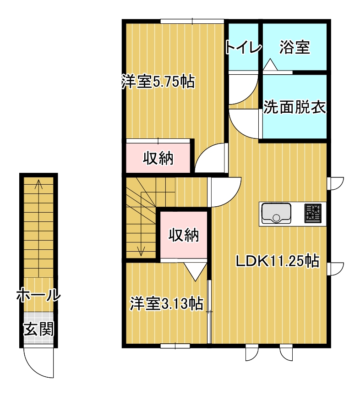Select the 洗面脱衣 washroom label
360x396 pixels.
(x=295, y=107)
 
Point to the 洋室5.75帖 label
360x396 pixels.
(x=158, y=81)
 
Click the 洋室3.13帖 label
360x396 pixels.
(x=167, y=303)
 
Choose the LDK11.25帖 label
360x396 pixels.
(x=278, y=261)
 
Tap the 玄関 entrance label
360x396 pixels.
(x=39, y=329)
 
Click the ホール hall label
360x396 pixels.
(x=38, y=295)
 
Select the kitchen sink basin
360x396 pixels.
(x=276, y=213)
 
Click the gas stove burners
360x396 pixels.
(x=313, y=213)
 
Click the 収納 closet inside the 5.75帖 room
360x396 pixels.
(x=158, y=158)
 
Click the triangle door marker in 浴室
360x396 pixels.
(x=270, y=64)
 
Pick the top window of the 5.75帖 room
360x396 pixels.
(x=192, y=21)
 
